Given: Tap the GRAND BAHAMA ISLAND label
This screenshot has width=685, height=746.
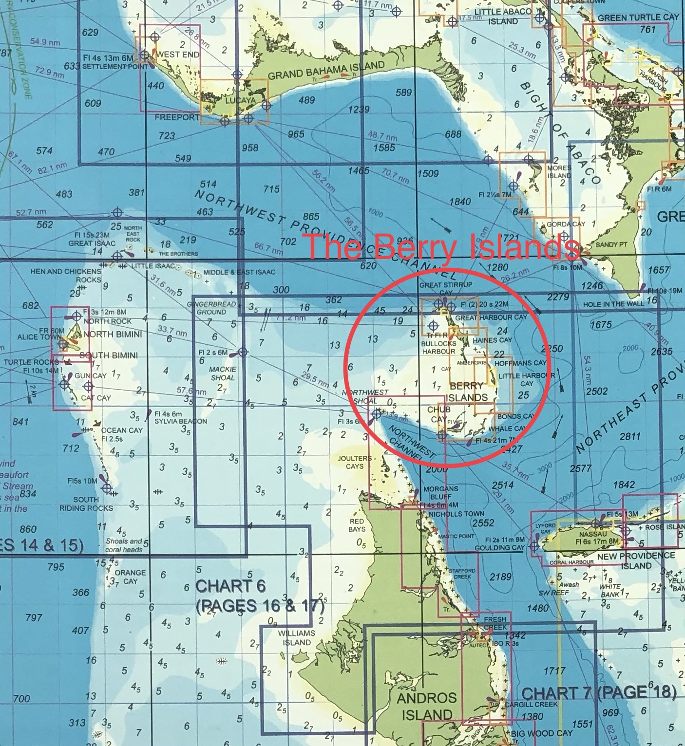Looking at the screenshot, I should click(326, 71).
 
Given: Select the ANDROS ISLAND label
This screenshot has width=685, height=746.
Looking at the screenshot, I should click(426, 706).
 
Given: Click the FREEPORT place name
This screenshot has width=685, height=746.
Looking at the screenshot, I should click(177, 117).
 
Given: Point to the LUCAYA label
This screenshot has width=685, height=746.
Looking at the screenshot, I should click(240, 101).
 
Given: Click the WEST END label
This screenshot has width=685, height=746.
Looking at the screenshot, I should click(178, 55).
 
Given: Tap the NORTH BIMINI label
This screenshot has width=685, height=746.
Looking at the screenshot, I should click(113, 334).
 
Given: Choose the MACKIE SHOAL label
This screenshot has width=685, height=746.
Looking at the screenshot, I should click(222, 373).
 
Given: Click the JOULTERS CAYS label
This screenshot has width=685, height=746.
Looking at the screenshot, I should click(355, 462).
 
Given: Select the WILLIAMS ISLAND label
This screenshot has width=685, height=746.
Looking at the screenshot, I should click(297, 637).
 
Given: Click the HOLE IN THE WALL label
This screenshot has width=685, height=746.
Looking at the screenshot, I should click(613, 304).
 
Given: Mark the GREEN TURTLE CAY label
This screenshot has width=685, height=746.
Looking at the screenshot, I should click(638, 18).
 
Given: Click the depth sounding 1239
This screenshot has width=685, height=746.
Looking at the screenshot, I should click(359, 109).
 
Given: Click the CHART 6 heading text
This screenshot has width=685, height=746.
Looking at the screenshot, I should click(230, 586).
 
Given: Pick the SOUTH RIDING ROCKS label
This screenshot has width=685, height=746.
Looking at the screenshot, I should click(86, 504).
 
